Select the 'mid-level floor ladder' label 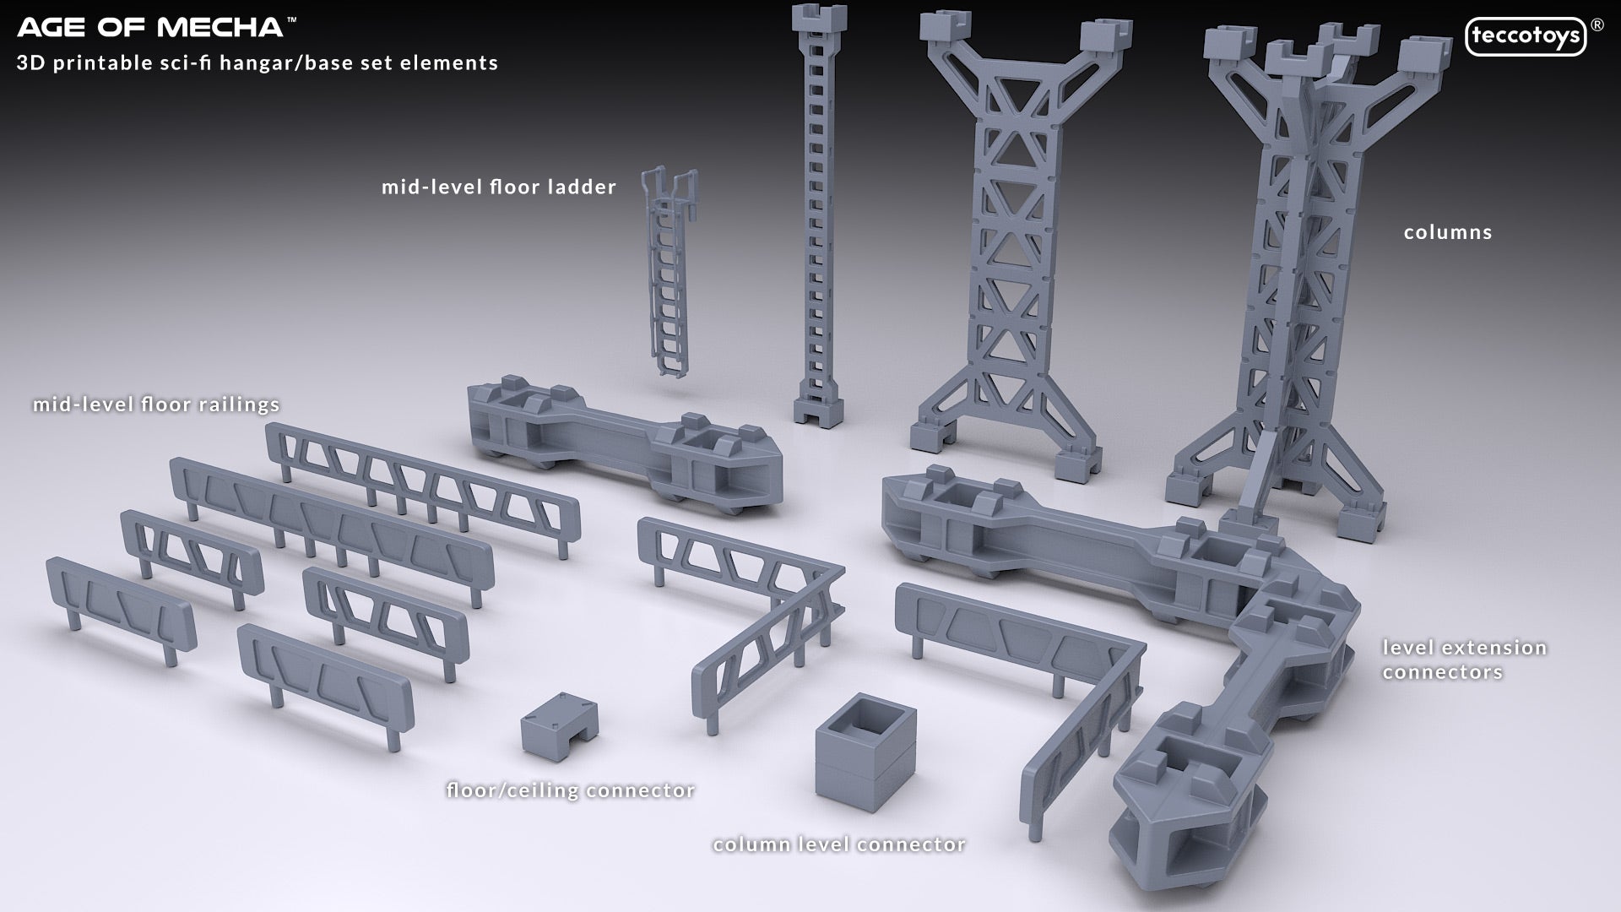coord(499,187)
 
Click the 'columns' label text coord(1448,232)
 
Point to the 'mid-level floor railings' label coord(156,404)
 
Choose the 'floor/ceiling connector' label coord(571,790)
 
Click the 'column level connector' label coord(839,844)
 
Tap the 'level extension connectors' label coord(1464,660)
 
